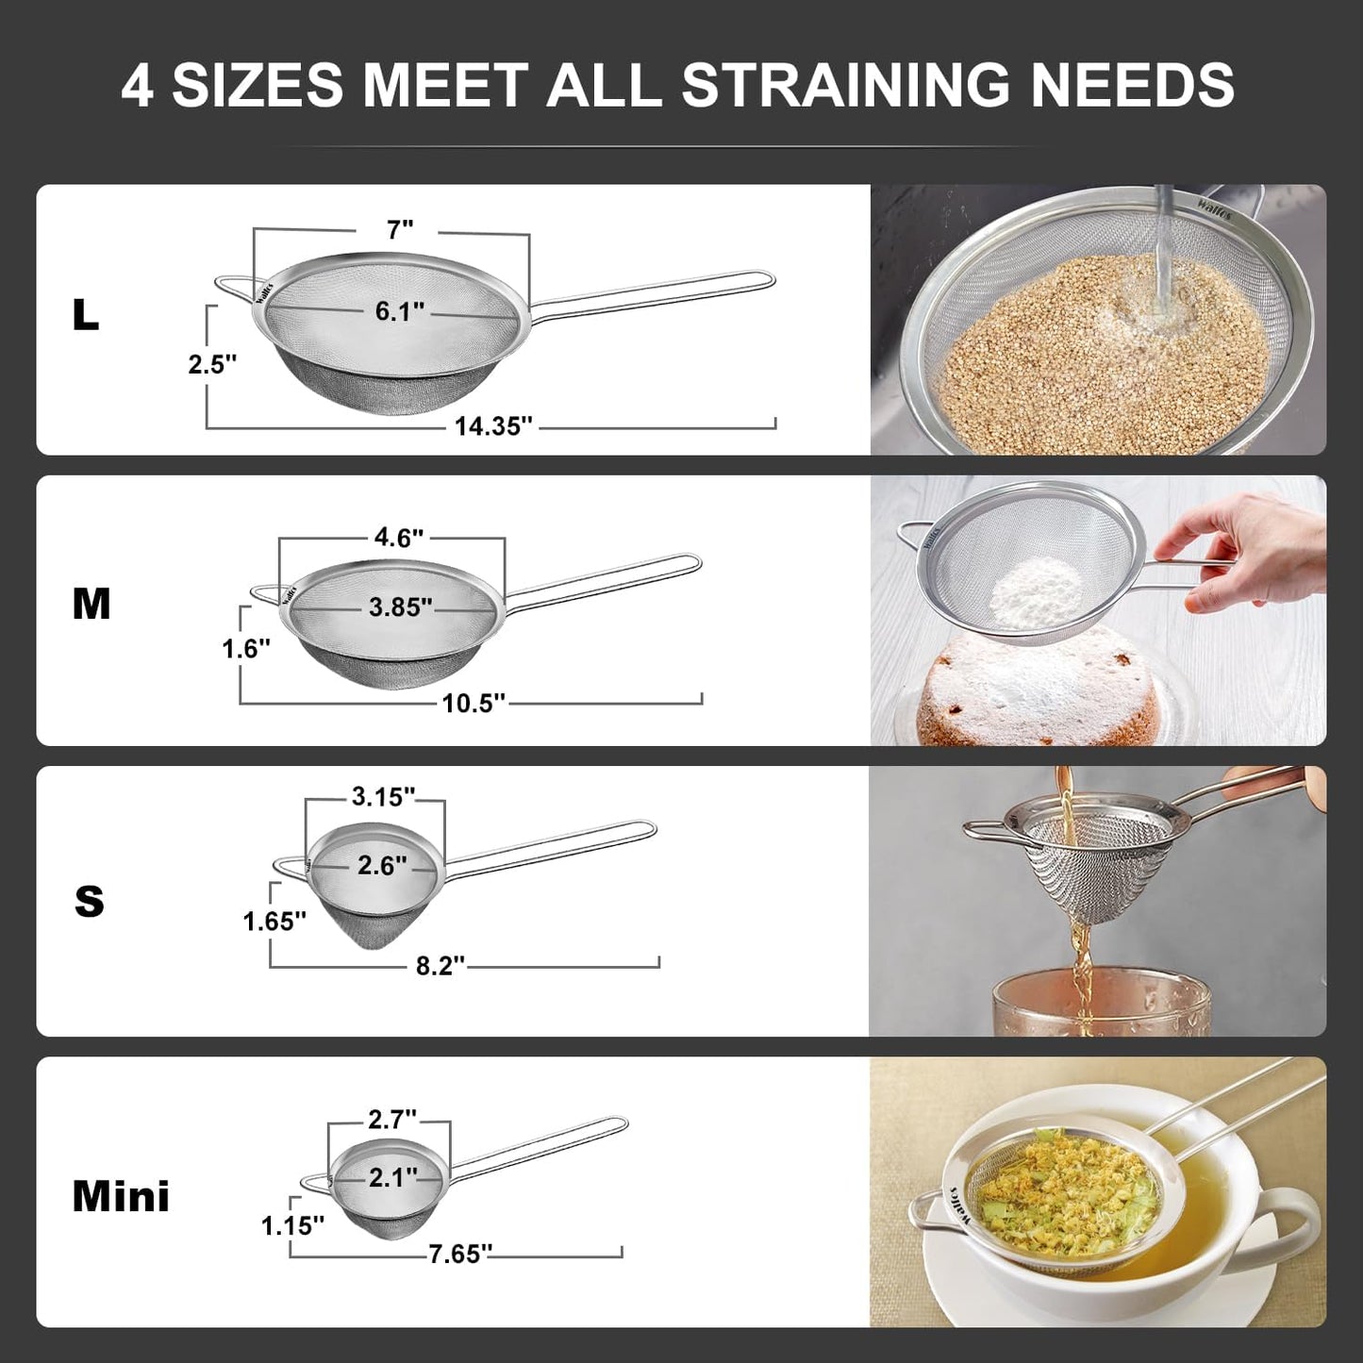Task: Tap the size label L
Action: (85, 316)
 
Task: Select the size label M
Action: (91, 604)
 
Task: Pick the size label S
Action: (90, 901)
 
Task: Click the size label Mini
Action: (121, 1196)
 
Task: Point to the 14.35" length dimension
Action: (493, 426)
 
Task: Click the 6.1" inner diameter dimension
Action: (400, 311)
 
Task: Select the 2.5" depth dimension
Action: (212, 364)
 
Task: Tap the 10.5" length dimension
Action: (474, 703)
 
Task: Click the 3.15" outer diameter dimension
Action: (383, 797)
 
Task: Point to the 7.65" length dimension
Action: (459, 1254)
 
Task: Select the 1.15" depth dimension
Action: (292, 1225)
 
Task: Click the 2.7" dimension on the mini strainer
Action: (392, 1120)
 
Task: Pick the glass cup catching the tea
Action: (1099, 1005)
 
